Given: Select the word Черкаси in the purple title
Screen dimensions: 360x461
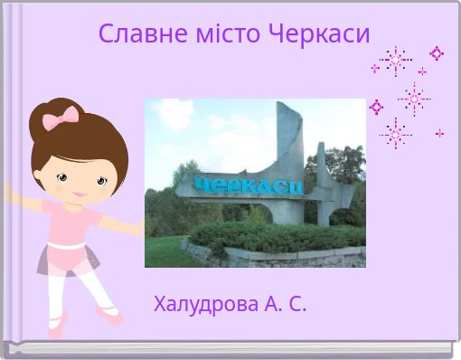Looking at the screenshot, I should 320,34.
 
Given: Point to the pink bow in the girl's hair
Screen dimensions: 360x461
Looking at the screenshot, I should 61,117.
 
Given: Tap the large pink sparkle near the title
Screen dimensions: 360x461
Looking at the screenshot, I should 395,61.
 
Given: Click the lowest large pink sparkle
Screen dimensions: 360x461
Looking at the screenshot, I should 395,134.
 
